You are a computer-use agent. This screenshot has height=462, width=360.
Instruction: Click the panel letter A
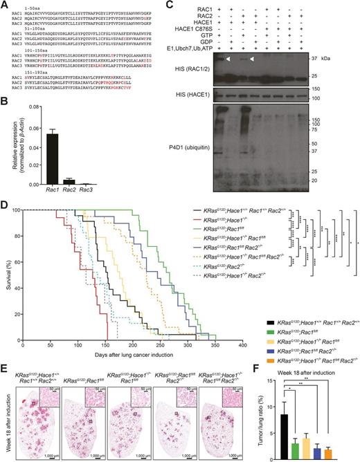pos(5,5)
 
